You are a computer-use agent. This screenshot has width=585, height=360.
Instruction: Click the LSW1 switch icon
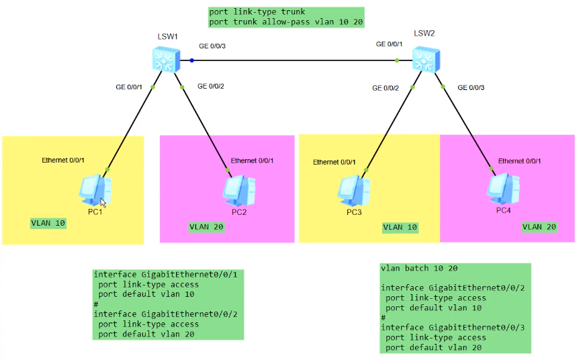click(164, 60)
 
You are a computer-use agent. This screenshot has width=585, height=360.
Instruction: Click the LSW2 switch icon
click(424, 60)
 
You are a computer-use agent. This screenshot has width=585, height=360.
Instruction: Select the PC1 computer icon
click(95, 191)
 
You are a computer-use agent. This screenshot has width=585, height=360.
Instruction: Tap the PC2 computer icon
click(238, 191)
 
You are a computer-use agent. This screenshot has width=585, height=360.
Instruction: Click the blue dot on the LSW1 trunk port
click(191, 60)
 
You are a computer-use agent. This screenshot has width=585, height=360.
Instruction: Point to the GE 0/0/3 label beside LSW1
click(212, 46)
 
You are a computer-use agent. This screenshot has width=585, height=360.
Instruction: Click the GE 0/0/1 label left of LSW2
click(390, 44)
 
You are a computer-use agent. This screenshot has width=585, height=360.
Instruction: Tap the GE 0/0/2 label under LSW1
click(211, 86)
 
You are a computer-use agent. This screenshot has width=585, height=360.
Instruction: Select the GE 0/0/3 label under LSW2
click(471, 87)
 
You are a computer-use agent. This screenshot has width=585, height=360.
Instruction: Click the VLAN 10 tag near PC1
click(48, 222)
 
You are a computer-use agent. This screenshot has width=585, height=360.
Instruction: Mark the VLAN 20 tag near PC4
click(539, 227)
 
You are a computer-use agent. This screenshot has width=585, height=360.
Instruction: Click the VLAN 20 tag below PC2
click(206, 227)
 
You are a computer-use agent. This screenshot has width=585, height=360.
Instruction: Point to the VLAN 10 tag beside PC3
click(400, 227)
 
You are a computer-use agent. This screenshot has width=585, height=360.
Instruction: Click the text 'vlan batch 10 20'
click(419, 268)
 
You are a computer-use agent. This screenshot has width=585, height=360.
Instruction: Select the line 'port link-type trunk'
click(257, 12)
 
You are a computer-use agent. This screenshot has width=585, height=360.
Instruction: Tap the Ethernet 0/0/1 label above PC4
click(519, 161)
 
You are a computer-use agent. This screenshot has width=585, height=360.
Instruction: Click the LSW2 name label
click(424, 33)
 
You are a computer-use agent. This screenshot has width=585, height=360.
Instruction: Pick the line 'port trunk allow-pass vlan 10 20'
click(286, 21)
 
